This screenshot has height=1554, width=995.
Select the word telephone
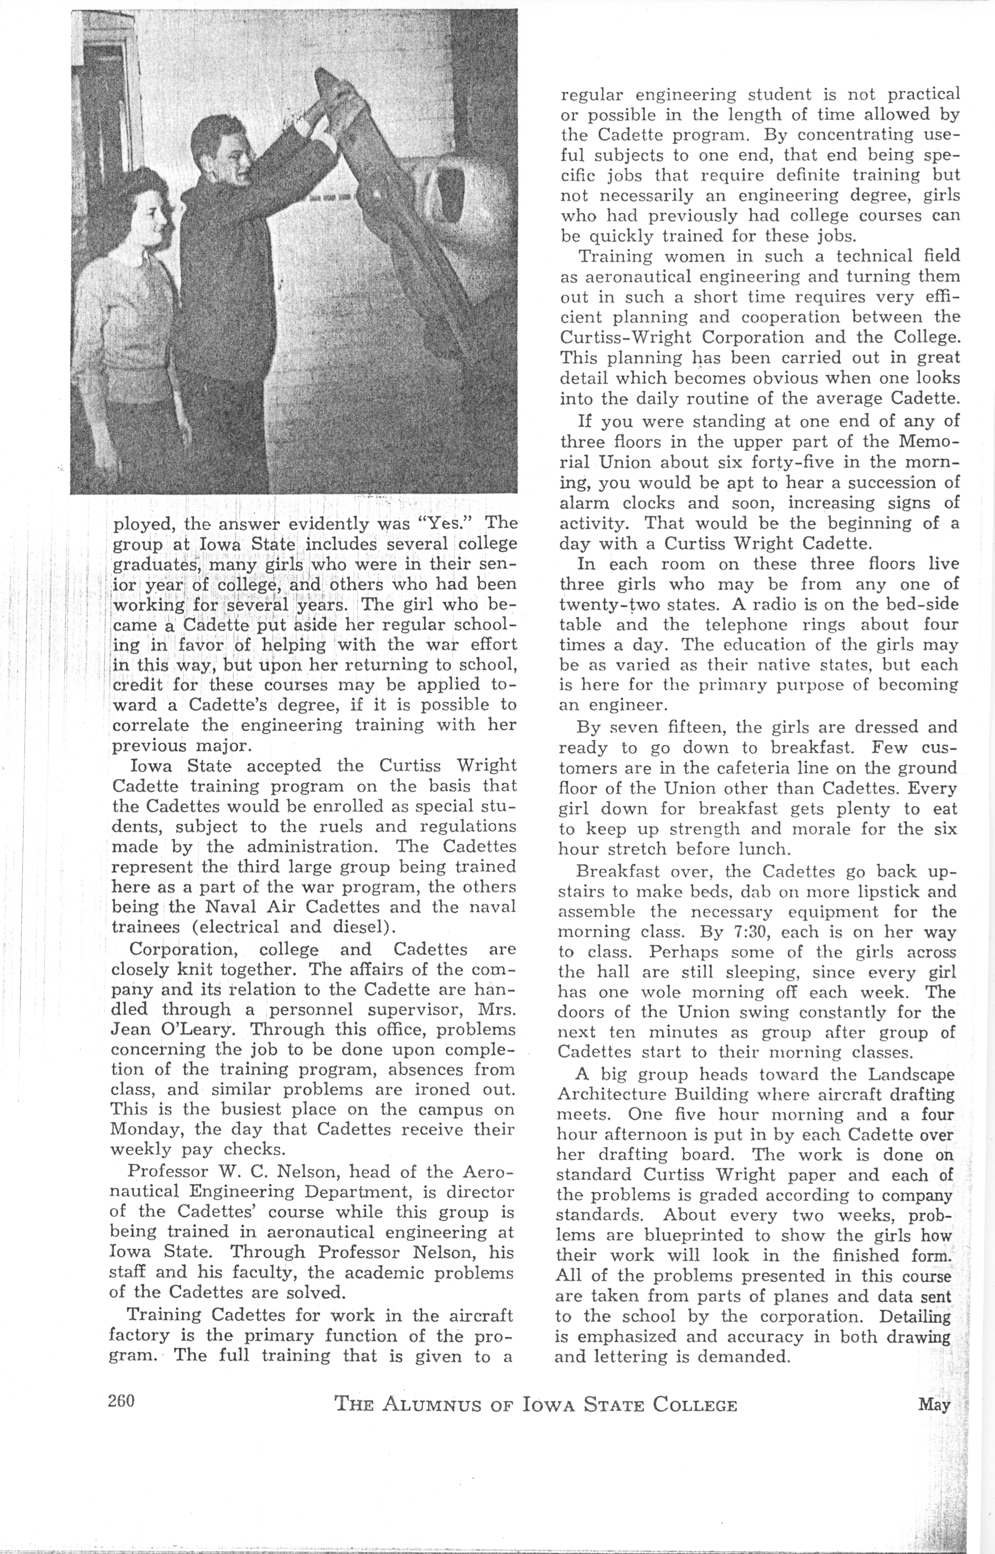[746, 625]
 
